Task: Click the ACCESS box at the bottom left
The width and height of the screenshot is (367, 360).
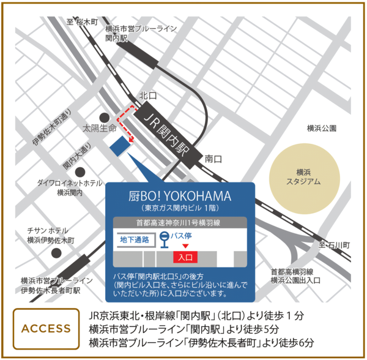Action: tap(46, 328)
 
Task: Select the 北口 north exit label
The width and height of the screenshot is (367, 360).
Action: tap(149, 96)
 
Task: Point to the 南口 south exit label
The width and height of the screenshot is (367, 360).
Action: tap(213, 159)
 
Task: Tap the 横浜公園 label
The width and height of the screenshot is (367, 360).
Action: tap(322, 129)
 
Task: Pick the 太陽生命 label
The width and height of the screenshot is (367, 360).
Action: tap(100, 129)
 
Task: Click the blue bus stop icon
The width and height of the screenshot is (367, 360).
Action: tap(165, 240)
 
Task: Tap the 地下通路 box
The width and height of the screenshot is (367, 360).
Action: tap(135, 239)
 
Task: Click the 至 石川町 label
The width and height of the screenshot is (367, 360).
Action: tap(333, 244)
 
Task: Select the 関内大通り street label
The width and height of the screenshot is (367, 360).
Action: tap(77, 157)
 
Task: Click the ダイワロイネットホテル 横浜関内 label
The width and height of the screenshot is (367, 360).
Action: tap(70, 187)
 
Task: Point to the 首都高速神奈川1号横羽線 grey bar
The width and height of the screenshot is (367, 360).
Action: tap(179, 223)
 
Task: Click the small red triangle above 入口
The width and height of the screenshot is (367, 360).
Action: tap(185, 246)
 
